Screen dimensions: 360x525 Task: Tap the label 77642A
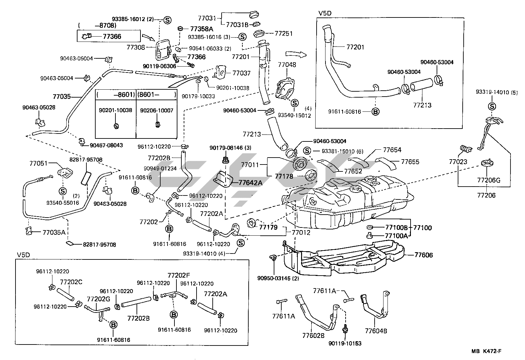coord(250,182)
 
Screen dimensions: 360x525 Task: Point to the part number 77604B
coord(376,331)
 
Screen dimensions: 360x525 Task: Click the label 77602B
coord(313,335)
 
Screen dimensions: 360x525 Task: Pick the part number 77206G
coord(489,180)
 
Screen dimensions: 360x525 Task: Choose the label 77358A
coord(202,29)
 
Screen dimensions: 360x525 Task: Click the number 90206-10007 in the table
coord(157,110)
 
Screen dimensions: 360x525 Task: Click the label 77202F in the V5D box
coord(179,275)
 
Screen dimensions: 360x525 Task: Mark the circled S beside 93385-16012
coord(167,20)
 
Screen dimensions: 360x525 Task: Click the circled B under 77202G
coord(113,324)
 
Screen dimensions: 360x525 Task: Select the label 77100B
coord(397,227)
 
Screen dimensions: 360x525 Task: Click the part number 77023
coord(458,162)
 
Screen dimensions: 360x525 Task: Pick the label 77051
coord(39,163)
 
